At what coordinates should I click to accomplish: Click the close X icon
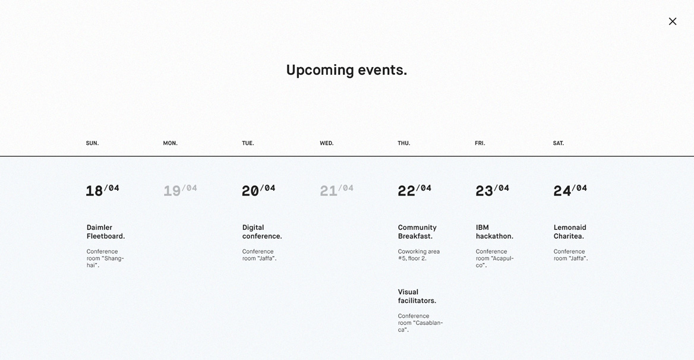click(x=673, y=21)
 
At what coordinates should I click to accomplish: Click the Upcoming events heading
click(x=346, y=70)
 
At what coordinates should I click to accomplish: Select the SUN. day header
click(x=92, y=143)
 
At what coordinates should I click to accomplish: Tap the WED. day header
click(x=327, y=143)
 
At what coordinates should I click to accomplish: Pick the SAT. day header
click(x=558, y=143)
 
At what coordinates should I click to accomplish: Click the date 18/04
click(x=102, y=191)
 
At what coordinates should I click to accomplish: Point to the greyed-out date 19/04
click(x=180, y=191)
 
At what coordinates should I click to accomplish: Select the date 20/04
click(x=258, y=191)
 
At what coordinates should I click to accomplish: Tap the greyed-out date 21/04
click(x=336, y=191)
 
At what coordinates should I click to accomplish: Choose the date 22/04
click(x=414, y=191)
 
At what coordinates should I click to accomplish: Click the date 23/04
click(x=492, y=191)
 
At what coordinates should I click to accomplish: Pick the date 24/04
click(x=570, y=191)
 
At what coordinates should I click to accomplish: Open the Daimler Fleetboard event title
click(x=106, y=232)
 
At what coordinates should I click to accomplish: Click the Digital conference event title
click(x=262, y=232)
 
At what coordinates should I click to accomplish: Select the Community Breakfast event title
click(x=417, y=232)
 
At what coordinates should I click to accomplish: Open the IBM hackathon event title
click(x=494, y=232)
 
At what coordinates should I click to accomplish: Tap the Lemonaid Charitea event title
click(x=570, y=232)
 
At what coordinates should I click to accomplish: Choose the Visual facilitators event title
click(x=417, y=296)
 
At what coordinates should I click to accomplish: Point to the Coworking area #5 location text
click(x=419, y=255)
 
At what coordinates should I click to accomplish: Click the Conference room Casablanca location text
click(x=420, y=323)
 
